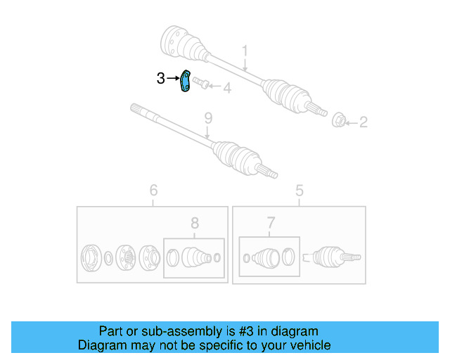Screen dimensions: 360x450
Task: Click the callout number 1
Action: tap(245, 51)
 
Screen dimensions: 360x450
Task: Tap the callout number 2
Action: tap(363, 122)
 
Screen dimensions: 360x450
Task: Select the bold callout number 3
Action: tap(161, 79)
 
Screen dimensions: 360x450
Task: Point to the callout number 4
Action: tap(226, 88)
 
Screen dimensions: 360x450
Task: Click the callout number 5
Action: tap(299, 190)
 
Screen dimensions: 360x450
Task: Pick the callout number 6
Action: tap(153, 190)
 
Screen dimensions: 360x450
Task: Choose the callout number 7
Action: tap(271, 224)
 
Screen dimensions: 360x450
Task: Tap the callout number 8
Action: tap(195, 224)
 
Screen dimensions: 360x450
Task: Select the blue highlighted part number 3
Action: tap(186, 82)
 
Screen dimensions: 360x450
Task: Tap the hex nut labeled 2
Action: tap(337, 120)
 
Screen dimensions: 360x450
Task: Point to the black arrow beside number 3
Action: tap(174, 79)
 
